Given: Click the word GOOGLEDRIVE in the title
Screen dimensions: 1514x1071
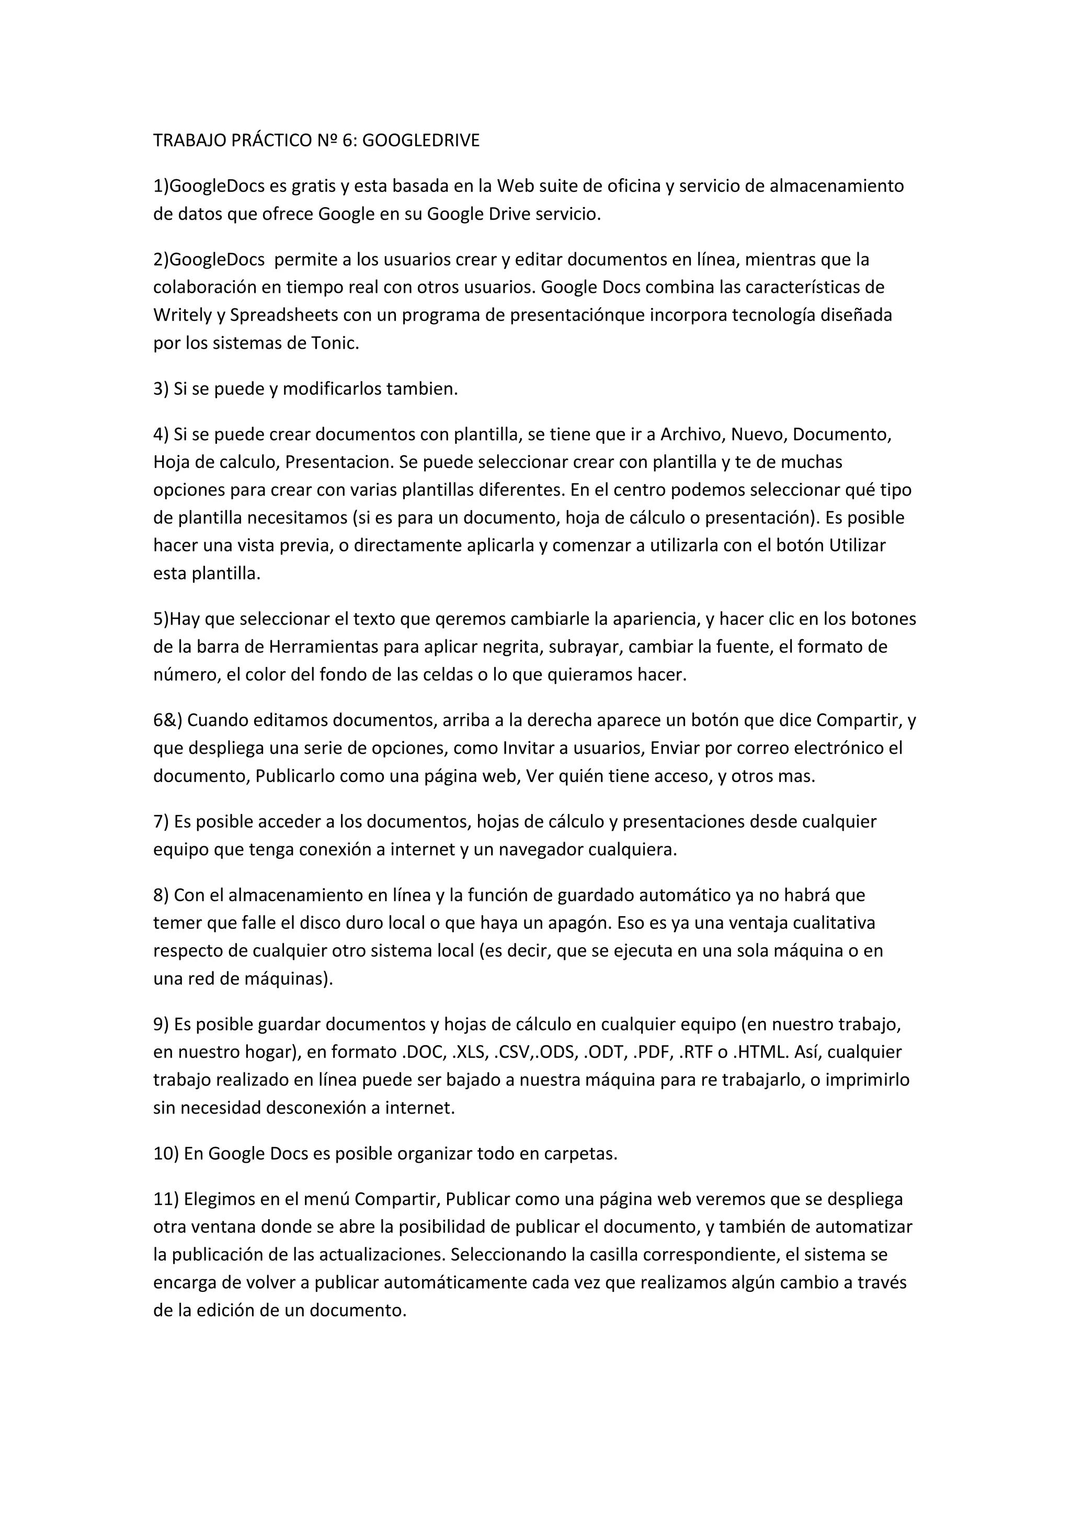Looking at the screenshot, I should click(x=421, y=141).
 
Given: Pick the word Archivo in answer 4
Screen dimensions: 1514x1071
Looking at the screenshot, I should click(x=690, y=434).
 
